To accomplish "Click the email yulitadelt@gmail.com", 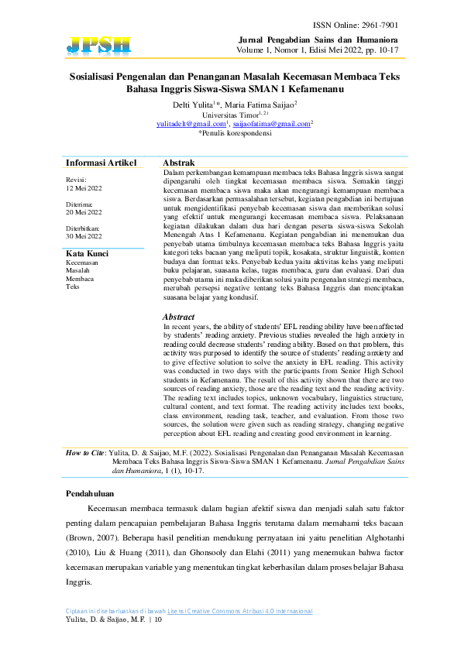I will pyautogui.click(x=191, y=123).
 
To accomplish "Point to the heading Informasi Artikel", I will pyautogui.click(x=101, y=163).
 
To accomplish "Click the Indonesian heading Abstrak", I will pyautogui.click(x=177, y=163).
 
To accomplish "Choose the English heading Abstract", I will pyautogui.click(x=179, y=317).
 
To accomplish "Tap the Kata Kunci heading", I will pyautogui.click(x=86, y=254).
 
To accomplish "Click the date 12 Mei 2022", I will pyautogui.click(x=84, y=188).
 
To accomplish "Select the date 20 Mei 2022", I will pyautogui.click(x=84, y=211).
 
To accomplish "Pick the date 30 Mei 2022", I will pyautogui.click(x=84, y=235).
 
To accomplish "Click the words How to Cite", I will pyautogui.click(x=84, y=451).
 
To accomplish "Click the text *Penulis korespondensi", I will pyautogui.click(x=235, y=133).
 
